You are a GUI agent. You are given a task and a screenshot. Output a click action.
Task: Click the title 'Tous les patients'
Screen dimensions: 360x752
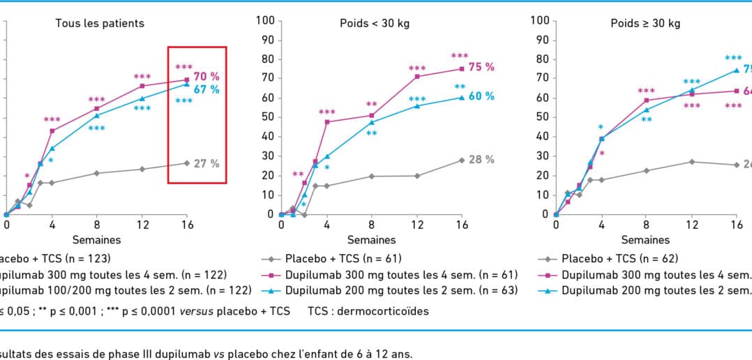tap(100, 23)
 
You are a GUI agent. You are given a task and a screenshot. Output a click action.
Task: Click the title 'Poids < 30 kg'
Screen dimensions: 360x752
tap(370, 23)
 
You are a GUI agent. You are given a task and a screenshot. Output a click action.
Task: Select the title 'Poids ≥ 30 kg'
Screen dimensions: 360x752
tap(645, 23)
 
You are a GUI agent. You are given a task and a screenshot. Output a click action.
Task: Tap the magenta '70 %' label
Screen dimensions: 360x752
tap(206, 75)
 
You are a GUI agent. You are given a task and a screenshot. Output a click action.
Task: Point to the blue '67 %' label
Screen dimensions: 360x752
tap(206, 89)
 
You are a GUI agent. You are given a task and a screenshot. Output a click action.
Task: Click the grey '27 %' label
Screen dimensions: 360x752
tap(206, 164)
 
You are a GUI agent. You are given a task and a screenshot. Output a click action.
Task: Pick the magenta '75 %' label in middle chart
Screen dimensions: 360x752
tap(481, 67)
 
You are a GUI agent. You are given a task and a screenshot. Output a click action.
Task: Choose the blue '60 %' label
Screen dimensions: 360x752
tap(481, 96)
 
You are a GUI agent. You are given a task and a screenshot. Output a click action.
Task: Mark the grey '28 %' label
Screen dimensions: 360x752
tap(481, 160)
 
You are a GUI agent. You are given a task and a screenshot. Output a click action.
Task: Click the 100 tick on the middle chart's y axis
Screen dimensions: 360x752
tap(264, 20)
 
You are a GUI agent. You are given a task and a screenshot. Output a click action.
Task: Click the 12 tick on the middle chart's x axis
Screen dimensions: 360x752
tap(416, 226)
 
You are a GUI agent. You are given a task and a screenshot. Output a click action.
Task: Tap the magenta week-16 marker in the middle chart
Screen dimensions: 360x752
tap(461, 69)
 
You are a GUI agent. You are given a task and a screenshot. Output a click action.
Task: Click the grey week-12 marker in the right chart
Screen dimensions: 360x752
tap(691, 162)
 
